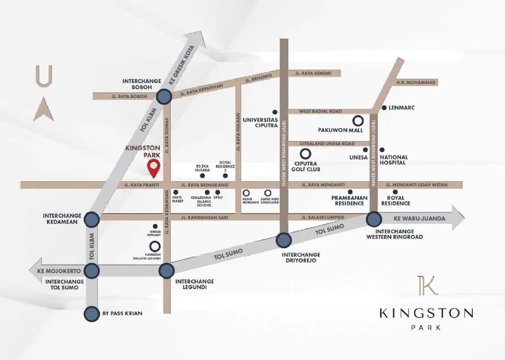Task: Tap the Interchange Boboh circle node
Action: (x=164, y=97)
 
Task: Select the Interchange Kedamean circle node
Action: (x=92, y=219)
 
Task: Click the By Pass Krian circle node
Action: (x=92, y=314)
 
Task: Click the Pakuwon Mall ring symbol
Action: (x=358, y=121)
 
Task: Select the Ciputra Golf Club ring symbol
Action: (x=305, y=153)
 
